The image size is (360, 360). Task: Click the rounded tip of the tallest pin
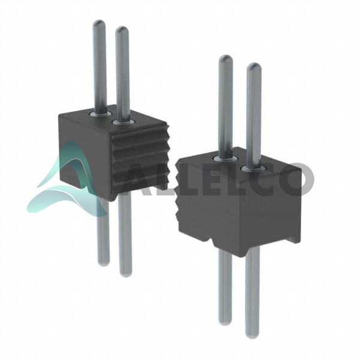point(99,21)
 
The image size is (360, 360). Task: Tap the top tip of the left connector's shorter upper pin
point(122,28)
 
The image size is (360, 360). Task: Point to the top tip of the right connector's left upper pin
point(226,56)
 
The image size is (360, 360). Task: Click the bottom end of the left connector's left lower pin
point(104,264)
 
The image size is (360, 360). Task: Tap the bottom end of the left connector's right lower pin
point(126,275)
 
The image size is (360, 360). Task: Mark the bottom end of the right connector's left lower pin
point(225,323)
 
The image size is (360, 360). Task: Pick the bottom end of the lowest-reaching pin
point(252,337)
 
